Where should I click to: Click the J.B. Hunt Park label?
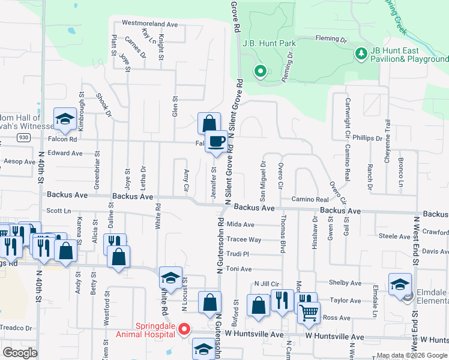tap(270, 43)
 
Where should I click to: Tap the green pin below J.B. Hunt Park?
tap(260, 71)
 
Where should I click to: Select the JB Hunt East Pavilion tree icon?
tap(361, 55)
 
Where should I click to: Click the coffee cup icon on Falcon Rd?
tap(217, 141)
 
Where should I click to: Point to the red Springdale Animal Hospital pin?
tap(185, 329)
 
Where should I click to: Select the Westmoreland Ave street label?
tap(150, 24)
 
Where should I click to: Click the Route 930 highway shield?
tap(23, 137)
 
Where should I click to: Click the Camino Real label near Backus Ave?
tap(310, 199)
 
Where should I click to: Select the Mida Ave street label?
tap(241, 224)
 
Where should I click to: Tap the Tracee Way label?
tap(244, 239)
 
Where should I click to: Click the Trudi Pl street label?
tap(238, 254)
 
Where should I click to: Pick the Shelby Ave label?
tap(346, 283)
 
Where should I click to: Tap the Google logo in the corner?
tap(20, 353)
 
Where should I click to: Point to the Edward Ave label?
tap(65, 153)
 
